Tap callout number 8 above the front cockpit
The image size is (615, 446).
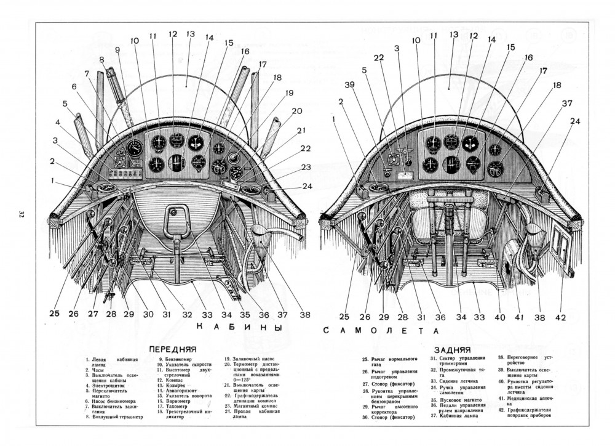click(101, 60)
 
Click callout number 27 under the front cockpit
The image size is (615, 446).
click(93, 313)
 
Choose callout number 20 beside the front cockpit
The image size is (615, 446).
click(297, 111)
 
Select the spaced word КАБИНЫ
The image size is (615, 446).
click(234, 327)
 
